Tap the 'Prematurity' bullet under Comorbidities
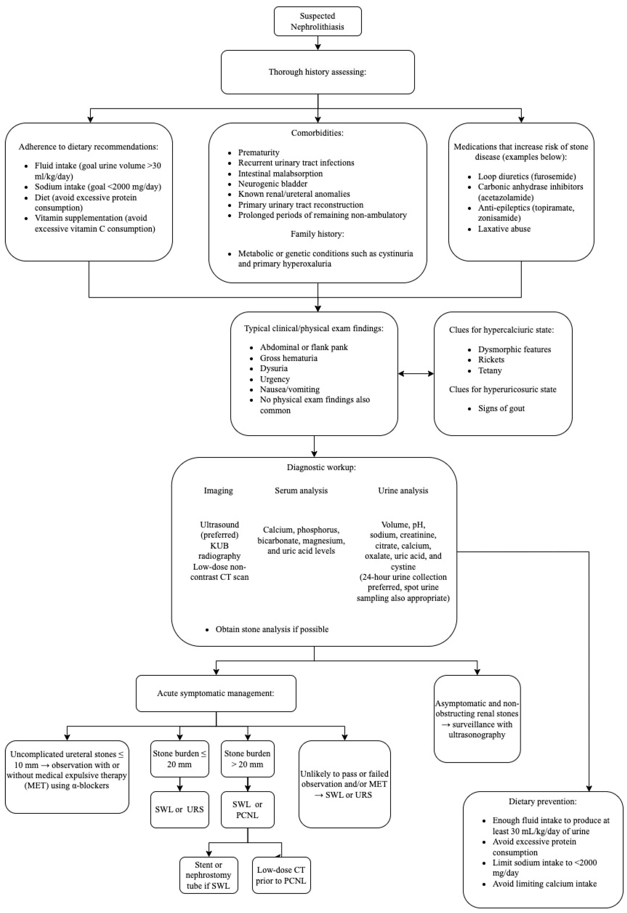tap(258, 152)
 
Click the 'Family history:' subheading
tap(317, 234)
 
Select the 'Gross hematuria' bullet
tap(288, 358)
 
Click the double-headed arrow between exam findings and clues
tap(416, 374)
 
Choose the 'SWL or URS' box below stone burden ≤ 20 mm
tap(180, 809)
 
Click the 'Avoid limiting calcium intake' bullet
tap(544, 884)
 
